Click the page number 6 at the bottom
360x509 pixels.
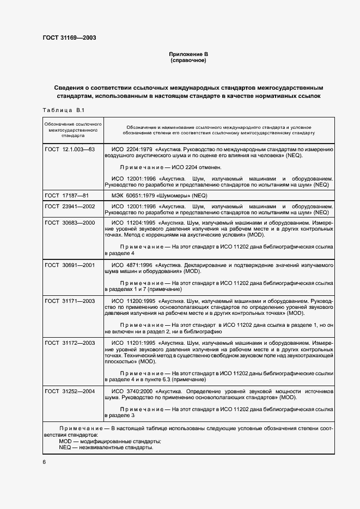click(x=45, y=462)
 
